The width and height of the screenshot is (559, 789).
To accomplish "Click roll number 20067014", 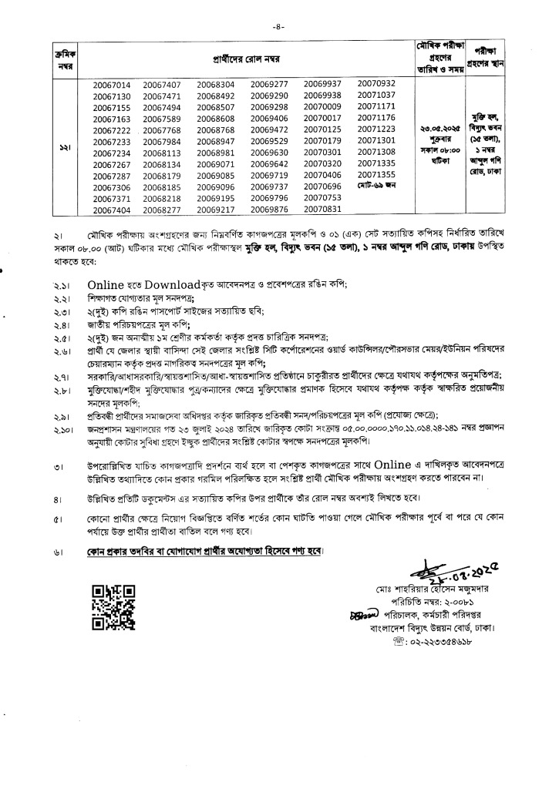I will [x=112, y=83].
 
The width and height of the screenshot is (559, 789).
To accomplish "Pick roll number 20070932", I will [x=376, y=83].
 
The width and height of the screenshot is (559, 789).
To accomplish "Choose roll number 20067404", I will [x=112, y=210].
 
